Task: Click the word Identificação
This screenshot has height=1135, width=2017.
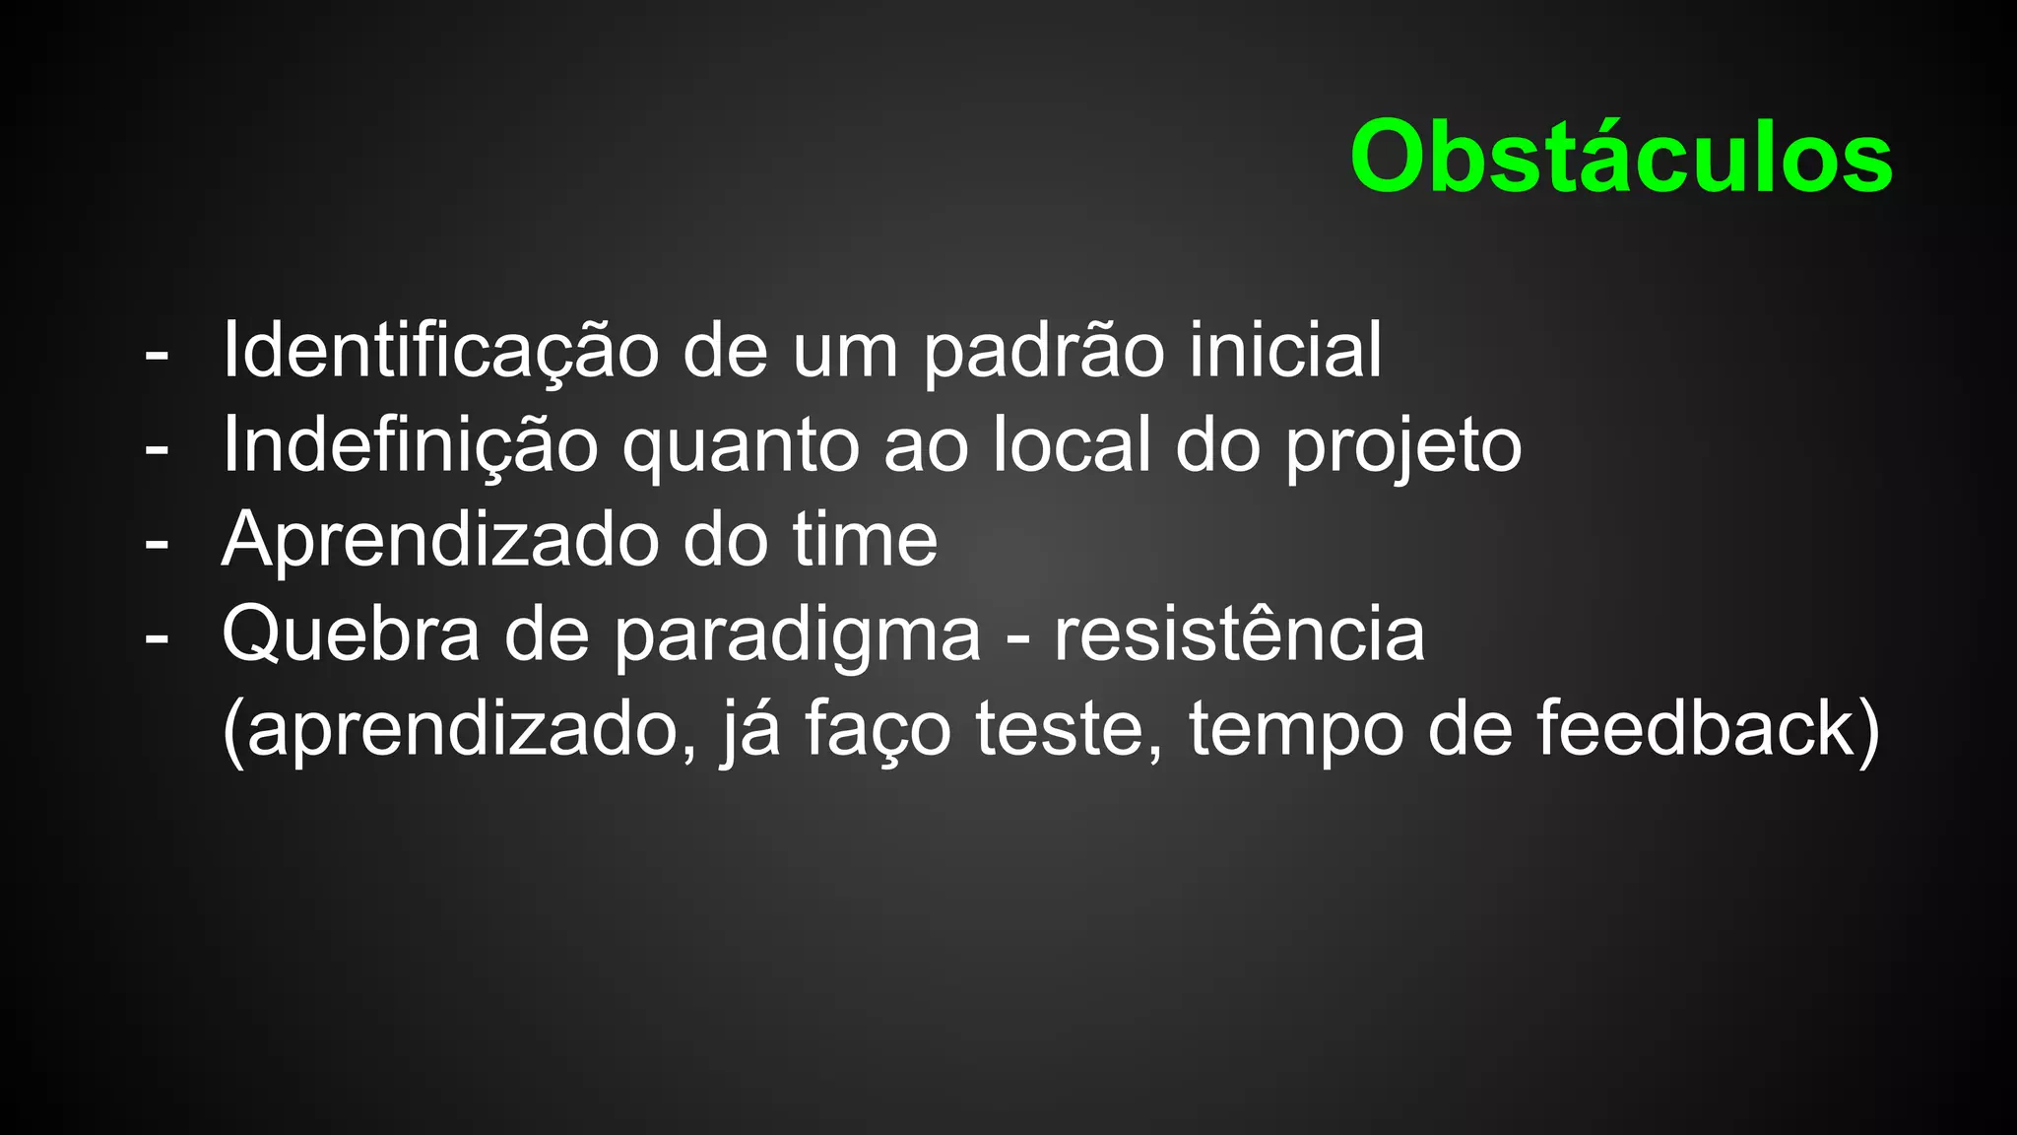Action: click(x=440, y=350)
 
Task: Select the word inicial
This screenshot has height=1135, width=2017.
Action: click(x=1285, y=350)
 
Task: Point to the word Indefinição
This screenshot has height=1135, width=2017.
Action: click(x=410, y=444)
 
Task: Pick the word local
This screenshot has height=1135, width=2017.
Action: click(x=1072, y=444)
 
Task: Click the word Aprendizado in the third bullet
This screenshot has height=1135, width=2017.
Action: click(x=440, y=540)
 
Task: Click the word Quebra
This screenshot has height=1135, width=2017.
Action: click(x=351, y=634)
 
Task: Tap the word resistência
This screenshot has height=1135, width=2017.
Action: click(x=1239, y=634)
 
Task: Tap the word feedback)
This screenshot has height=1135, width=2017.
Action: click(x=1708, y=729)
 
